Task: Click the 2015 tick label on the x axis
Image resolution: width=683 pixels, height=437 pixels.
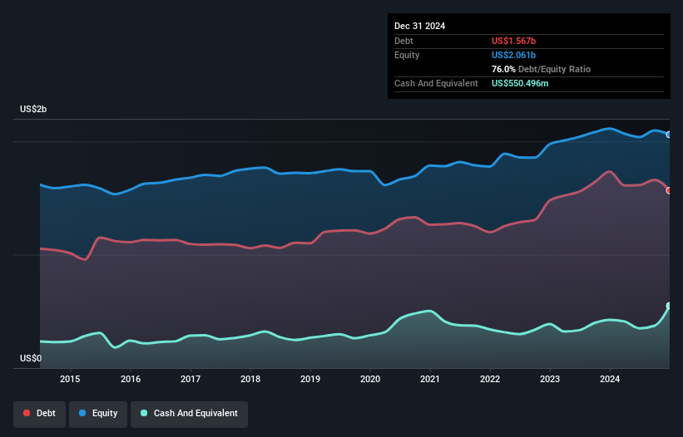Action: tap(71, 379)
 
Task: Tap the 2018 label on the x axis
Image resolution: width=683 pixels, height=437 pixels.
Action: tap(250, 379)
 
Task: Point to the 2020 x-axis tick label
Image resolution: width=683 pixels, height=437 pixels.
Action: tap(370, 379)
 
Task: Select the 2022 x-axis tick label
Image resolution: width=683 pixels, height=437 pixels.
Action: tap(490, 379)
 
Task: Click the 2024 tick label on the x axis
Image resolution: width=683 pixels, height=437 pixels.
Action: tap(610, 379)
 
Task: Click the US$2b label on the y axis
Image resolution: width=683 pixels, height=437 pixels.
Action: tap(35, 110)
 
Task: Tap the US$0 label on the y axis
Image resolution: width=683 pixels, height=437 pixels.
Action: tap(31, 359)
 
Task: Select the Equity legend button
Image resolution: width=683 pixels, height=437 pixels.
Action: tap(97, 413)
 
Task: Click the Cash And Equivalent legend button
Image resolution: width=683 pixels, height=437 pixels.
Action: tap(189, 413)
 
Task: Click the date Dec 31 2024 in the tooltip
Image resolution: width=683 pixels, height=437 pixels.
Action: tap(419, 26)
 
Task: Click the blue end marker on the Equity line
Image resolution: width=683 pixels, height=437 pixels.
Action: tap(669, 135)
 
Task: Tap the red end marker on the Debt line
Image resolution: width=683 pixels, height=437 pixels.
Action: tap(669, 190)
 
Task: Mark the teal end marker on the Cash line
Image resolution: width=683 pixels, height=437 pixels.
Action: tap(669, 306)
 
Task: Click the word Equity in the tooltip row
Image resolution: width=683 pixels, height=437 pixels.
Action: tap(407, 55)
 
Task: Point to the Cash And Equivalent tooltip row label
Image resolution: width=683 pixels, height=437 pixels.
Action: tap(436, 83)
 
